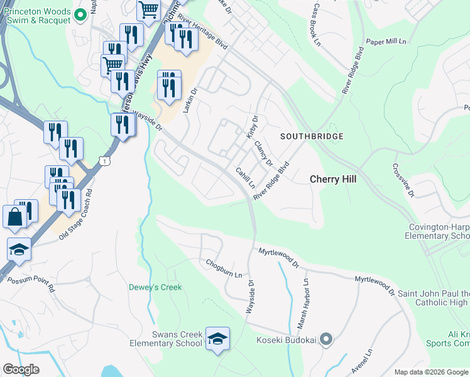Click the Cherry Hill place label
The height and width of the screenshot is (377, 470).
[x=333, y=179]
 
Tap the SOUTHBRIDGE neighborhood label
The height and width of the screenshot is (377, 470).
[x=312, y=136]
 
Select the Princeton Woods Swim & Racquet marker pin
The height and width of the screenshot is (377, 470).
[x=80, y=15]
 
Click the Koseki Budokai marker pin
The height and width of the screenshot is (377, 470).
[x=325, y=340]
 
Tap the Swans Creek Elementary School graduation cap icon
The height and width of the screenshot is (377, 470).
[x=217, y=339]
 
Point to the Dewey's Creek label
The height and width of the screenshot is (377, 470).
[x=155, y=287]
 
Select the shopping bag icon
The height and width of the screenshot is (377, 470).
[x=15, y=217]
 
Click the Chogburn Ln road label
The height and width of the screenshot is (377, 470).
[x=223, y=269]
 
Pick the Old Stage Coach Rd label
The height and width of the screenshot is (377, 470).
[x=75, y=215]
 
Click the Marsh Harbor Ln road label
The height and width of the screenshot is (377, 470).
[x=303, y=305]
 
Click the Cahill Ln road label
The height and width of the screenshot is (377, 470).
[x=245, y=178]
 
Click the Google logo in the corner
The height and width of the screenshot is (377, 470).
[x=21, y=369]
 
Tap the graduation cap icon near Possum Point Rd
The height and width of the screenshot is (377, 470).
[x=19, y=250]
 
